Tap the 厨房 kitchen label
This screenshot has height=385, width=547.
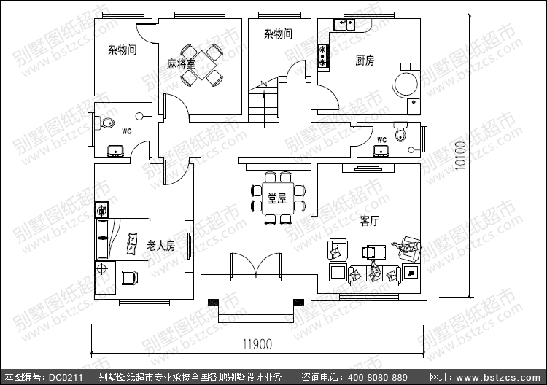[x=365, y=61]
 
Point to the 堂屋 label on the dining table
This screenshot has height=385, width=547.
[x=276, y=198]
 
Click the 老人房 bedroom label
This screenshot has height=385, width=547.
[x=161, y=246]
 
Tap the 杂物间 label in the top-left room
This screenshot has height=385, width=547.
[x=122, y=50]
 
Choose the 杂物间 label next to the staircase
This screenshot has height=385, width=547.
[x=278, y=34]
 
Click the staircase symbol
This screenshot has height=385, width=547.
[x=263, y=102]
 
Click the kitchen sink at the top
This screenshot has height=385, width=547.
[x=344, y=26]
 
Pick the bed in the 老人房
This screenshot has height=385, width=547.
[x=124, y=238]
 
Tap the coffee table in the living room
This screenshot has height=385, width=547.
[x=375, y=252]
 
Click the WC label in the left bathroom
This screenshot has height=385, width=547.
[x=126, y=131]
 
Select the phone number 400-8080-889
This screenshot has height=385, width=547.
[x=378, y=378]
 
